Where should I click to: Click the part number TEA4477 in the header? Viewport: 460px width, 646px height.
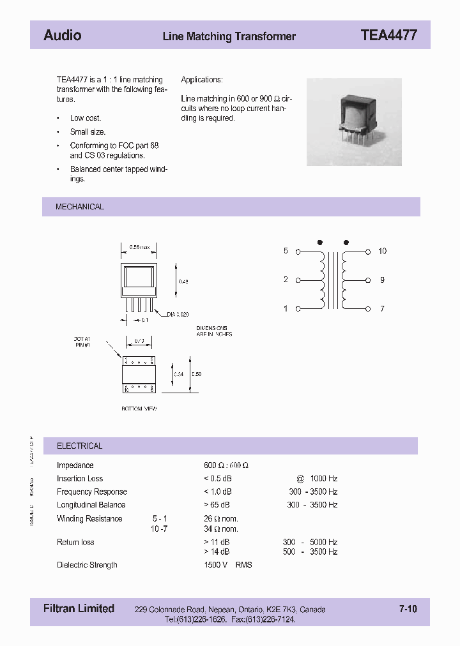click(x=388, y=36)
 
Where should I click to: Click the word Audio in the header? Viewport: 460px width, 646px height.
click(x=62, y=36)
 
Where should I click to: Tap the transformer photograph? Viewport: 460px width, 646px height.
click(x=354, y=121)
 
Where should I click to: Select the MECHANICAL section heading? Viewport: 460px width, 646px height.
click(x=80, y=207)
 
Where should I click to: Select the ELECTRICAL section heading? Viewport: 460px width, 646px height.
click(x=80, y=446)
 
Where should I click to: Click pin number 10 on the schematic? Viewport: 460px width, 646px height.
click(x=382, y=252)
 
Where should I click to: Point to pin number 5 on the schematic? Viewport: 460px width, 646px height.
click(x=286, y=252)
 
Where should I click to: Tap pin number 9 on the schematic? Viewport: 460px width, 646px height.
click(x=382, y=280)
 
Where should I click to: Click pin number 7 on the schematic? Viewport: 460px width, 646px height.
click(x=382, y=309)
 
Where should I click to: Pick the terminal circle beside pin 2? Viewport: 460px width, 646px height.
click(x=298, y=280)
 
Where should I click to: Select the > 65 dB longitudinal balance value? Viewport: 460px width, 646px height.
click(x=218, y=505)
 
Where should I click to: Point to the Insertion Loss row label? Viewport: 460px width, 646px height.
click(x=80, y=479)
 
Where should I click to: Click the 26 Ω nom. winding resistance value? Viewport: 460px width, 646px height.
click(x=221, y=519)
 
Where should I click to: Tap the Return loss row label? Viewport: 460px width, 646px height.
click(x=75, y=543)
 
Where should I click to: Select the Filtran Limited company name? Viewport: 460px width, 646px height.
click(x=79, y=609)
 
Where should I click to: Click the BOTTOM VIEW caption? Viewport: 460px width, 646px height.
click(x=139, y=409)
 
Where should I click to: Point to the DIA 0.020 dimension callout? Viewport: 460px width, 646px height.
click(x=179, y=315)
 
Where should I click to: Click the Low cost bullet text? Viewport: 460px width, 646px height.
click(x=86, y=118)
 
